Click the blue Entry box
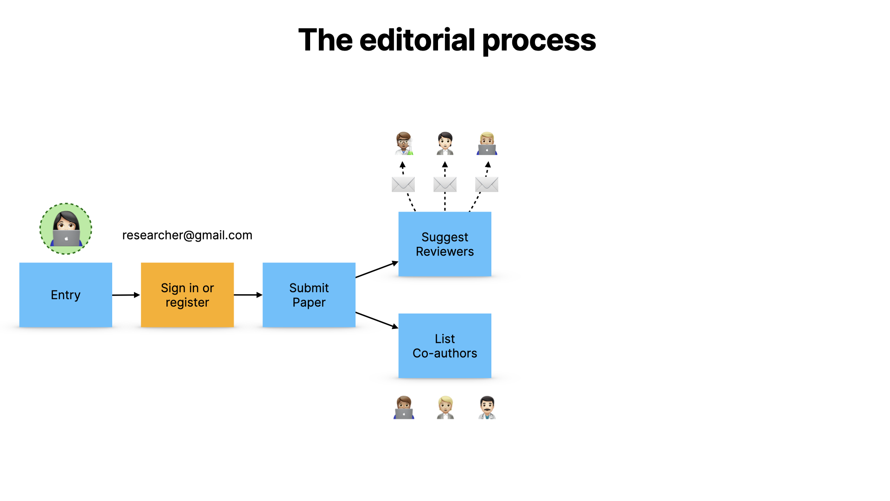click(x=65, y=295)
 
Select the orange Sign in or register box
click(x=187, y=295)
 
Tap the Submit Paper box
click(x=309, y=295)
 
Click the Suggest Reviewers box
click(x=445, y=244)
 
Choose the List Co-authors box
click(x=445, y=346)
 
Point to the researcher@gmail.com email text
click(x=187, y=235)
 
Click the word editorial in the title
click(x=417, y=40)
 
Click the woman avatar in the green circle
click(x=66, y=229)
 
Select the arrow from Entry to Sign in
click(x=126, y=295)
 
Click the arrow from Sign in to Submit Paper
click(x=248, y=295)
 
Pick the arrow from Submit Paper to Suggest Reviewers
click(x=377, y=270)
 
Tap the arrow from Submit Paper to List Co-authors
click(x=377, y=320)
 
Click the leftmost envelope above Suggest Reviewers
click(x=403, y=184)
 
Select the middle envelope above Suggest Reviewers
click(x=445, y=184)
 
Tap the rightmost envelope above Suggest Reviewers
click(x=486, y=184)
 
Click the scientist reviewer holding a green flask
click(x=404, y=143)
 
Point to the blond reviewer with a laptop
click(x=487, y=143)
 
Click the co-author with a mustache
click(x=487, y=407)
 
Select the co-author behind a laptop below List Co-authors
click(x=404, y=407)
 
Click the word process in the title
click(x=539, y=40)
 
